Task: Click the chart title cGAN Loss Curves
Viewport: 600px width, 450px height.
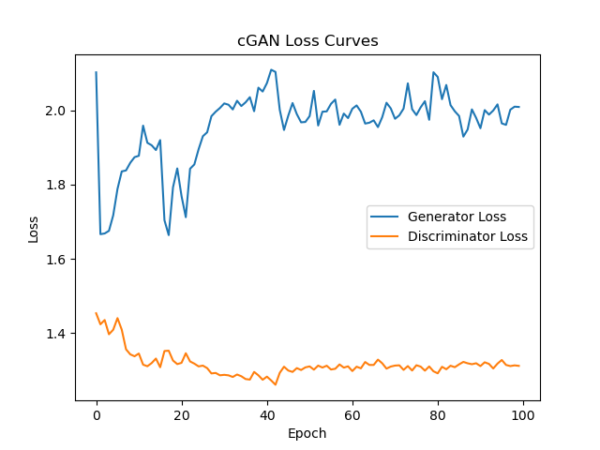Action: point(307,41)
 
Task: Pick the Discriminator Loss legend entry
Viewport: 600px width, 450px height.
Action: point(467,236)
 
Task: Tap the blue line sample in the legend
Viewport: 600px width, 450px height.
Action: point(387,217)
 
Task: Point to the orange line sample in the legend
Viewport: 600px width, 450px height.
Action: point(387,236)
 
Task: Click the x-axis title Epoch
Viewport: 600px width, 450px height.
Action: point(307,434)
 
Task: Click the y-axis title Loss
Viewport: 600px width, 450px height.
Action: point(34,229)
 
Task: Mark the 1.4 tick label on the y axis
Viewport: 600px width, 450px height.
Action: point(54,334)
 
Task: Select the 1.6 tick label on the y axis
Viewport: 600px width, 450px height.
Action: point(54,260)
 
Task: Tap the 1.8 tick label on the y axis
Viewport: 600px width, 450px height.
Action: point(54,185)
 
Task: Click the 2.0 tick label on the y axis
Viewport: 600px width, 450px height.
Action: point(54,111)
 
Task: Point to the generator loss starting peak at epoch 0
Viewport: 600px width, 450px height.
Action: point(97,72)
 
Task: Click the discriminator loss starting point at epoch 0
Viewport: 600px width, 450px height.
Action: point(97,313)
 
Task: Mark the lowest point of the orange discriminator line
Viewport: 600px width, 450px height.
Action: point(276,384)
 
